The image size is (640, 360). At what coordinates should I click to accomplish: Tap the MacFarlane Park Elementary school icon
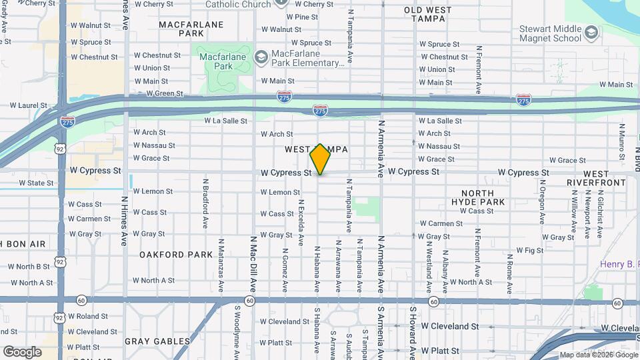261,55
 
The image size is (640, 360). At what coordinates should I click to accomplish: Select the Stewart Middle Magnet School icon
591,32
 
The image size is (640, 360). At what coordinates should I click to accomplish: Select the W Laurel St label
28,105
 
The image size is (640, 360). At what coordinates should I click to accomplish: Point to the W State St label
31,183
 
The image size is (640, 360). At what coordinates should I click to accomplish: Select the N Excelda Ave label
301,222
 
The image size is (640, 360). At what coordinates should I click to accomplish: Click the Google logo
22,351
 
